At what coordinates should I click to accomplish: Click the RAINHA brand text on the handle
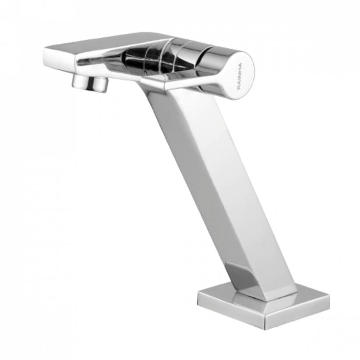pyautogui.click(x=240, y=77)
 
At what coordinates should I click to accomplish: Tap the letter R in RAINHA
pyautogui.click(x=239, y=89)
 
